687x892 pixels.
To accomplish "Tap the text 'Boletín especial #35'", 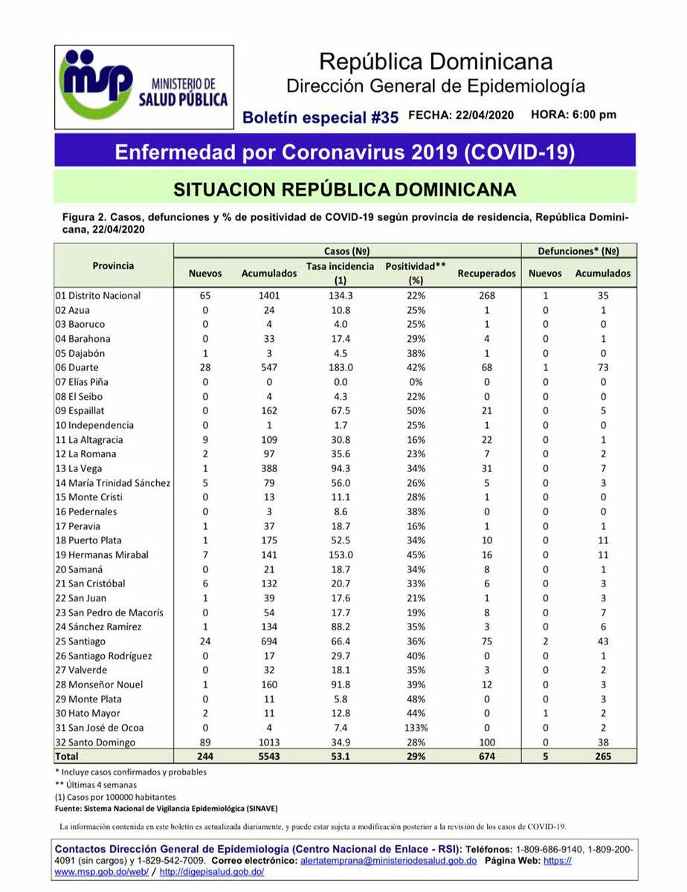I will click(321, 117).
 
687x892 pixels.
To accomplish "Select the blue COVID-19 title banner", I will click(344, 152).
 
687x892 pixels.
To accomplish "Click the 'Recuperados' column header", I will click(486, 273).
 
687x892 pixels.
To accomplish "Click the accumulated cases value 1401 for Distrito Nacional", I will click(269, 295).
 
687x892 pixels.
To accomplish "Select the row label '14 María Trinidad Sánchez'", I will click(113, 483).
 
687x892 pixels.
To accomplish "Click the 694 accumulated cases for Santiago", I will click(269, 641).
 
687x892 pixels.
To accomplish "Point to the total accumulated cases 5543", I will click(269, 757).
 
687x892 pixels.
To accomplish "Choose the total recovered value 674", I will click(486, 757).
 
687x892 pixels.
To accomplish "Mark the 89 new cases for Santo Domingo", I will click(205, 742).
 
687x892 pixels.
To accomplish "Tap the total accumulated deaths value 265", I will click(602, 757).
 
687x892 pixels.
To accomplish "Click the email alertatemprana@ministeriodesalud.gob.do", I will click(388, 860).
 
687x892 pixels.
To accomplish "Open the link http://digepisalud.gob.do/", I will click(211, 872).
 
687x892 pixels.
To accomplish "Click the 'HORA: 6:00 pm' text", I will click(573, 115).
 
